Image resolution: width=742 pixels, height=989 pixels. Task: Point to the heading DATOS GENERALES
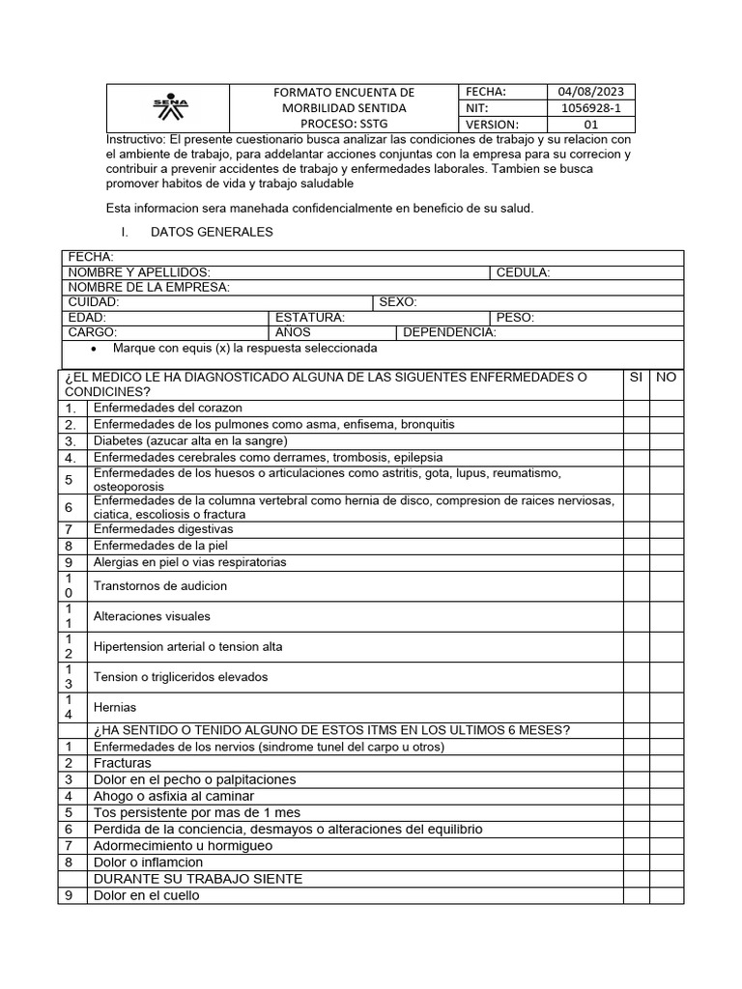pyautogui.click(x=212, y=232)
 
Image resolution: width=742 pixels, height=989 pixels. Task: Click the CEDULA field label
pyautogui.click(x=523, y=272)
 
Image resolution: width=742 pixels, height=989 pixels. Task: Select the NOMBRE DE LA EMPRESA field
pyautogui.click(x=148, y=287)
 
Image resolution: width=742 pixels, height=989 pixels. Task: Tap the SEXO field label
pyautogui.click(x=397, y=302)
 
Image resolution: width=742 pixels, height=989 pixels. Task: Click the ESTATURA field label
pyautogui.click(x=309, y=317)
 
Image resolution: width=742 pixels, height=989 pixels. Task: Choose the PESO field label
pyautogui.click(x=514, y=317)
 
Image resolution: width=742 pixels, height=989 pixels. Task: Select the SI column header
pyautogui.click(x=636, y=377)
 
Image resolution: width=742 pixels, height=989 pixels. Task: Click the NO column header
pyautogui.click(x=666, y=377)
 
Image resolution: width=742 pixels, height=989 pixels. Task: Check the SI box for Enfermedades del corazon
pyautogui.click(x=636, y=409)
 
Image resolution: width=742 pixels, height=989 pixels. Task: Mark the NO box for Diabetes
pyautogui.click(x=666, y=440)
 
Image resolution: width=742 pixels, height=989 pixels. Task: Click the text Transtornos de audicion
pyautogui.click(x=160, y=585)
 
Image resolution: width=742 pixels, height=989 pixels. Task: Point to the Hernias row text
pyautogui.click(x=115, y=707)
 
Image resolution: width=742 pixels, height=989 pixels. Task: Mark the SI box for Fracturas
pyautogui.click(x=636, y=763)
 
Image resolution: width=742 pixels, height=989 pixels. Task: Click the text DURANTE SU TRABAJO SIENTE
pyautogui.click(x=197, y=879)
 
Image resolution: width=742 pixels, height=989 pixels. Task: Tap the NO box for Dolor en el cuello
pyautogui.click(x=666, y=895)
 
